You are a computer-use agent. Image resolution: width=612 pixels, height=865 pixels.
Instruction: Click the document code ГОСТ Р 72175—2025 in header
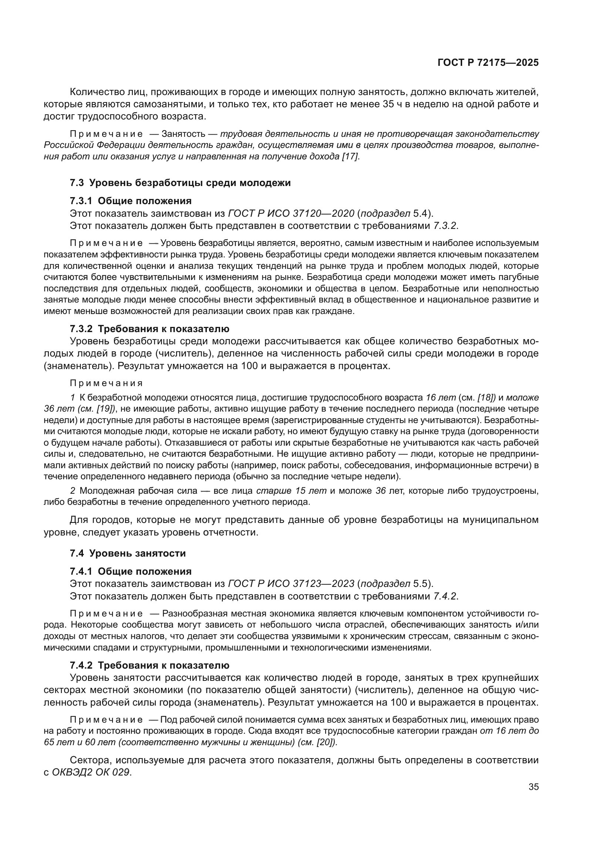coord(488,63)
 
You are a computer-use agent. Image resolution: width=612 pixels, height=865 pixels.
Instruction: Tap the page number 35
coord(534,787)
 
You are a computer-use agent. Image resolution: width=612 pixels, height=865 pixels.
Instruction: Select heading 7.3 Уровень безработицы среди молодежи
coord(180,183)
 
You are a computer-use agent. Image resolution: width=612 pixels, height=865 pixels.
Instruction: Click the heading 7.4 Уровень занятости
coord(128,554)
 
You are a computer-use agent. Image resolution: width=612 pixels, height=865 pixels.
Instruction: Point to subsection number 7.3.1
coord(81,201)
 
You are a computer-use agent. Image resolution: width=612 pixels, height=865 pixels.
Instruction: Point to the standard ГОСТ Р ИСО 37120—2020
coord(291,214)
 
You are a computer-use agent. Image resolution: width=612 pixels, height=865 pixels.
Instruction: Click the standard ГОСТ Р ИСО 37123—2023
coord(291,584)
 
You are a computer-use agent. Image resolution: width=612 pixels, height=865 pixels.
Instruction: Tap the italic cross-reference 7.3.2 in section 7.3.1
coord(444,226)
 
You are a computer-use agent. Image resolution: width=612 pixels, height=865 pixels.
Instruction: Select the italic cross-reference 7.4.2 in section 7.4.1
coord(444,596)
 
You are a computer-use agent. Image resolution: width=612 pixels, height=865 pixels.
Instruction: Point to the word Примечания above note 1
coord(106,383)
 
